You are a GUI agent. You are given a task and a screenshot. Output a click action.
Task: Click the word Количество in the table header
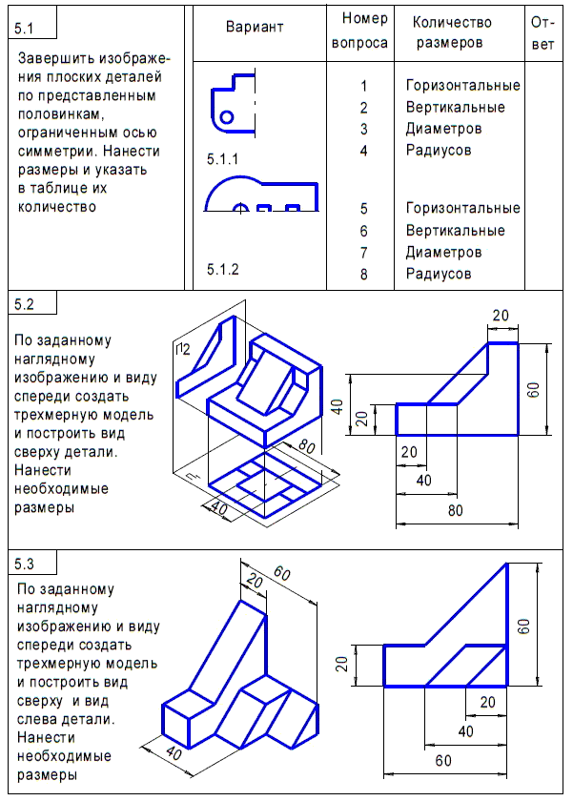452,22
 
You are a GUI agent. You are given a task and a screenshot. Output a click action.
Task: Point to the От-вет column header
543,31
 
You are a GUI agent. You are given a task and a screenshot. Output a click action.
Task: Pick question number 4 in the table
363,150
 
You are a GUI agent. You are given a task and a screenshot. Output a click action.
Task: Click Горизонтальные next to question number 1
462,86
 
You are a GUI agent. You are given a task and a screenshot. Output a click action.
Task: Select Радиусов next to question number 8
438,274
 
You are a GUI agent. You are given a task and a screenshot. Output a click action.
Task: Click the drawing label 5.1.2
223,270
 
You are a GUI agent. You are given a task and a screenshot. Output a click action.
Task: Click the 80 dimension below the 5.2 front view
456,511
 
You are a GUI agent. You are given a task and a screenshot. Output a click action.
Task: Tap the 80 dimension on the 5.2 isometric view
305,445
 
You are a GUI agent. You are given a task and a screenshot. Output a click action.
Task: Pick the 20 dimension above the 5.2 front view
501,316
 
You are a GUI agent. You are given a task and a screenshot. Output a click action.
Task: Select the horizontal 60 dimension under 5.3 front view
444,761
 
